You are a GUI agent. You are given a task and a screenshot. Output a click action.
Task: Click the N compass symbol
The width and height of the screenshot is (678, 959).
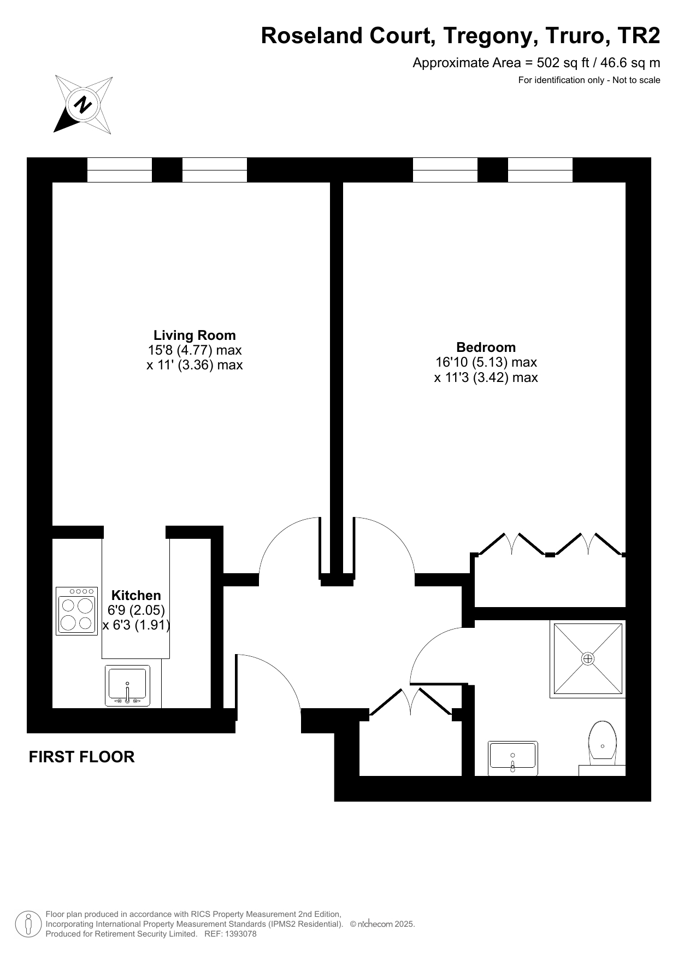84,104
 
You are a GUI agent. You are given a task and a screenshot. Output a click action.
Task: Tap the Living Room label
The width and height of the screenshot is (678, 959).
194,336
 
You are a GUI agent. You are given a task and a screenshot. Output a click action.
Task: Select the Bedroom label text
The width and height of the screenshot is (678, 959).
486,348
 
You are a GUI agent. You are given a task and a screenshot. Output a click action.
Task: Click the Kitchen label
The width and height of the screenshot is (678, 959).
136,596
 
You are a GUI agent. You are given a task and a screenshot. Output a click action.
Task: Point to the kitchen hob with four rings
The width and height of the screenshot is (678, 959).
76,611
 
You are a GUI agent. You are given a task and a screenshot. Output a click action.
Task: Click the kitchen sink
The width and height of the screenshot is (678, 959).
127,686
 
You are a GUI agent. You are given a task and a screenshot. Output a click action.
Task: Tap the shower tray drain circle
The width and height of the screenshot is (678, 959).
588,659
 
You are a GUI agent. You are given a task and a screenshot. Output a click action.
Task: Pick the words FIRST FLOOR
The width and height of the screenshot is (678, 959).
81,757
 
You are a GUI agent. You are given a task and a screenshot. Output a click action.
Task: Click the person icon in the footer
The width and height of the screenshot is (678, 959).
28,924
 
